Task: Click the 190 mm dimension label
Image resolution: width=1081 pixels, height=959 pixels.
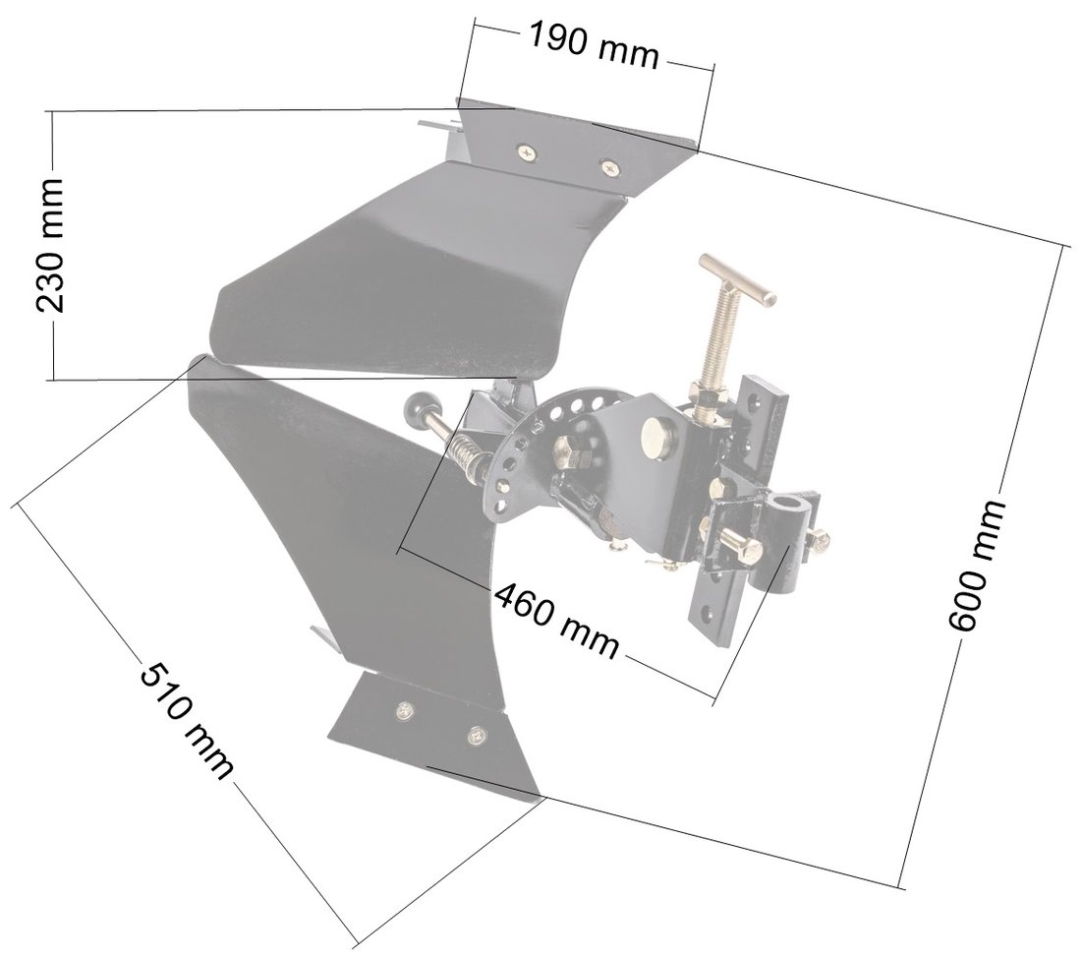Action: coord(594,45)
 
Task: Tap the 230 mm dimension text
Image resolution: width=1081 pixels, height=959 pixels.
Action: coord(50,245)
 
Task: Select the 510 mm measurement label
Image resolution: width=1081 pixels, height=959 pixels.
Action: coord(187,722)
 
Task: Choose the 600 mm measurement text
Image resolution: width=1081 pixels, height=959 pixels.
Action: coord(978,566)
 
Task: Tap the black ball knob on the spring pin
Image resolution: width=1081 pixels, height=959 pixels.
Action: coord(420,405)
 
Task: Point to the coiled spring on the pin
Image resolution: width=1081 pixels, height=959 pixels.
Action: coord(467,454)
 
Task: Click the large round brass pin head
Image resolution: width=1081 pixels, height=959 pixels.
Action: coord(654,435)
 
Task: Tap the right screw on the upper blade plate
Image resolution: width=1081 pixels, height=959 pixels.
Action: coord(611,168)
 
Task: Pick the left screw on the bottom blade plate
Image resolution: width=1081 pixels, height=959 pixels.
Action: coord(402,708)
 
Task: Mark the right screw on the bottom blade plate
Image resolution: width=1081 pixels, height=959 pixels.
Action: coord(479,734)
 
